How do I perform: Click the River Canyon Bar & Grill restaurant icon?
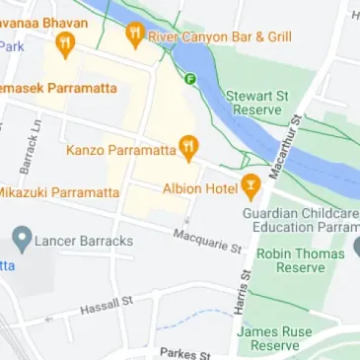[x=135, y=36]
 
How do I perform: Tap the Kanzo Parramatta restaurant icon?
[x=188, y=149]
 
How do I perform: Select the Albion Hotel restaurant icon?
[x=252, y=184]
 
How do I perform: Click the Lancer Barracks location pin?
[x=20, y=240]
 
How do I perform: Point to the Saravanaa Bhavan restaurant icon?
[x=65, y=42]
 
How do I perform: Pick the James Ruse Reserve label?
[x=268, y=338]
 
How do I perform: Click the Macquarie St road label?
[x=207, y=240]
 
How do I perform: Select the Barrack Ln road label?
[x=29, y=145]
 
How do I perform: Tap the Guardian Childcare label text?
[x=301, y=212]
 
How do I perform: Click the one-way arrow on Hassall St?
[x=49, y=320]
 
